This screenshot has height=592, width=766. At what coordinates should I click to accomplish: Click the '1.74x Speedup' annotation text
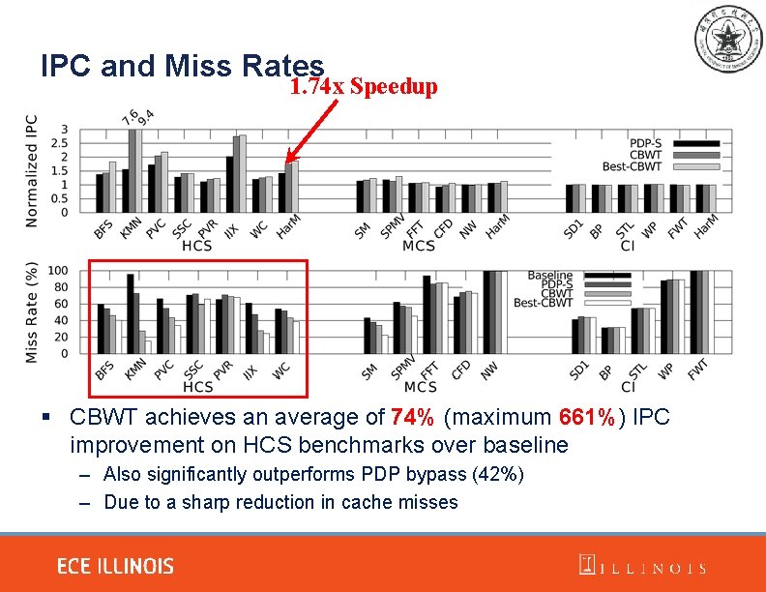[x=364, y=87]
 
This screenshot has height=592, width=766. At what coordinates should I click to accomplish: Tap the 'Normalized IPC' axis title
[x=32, y=171]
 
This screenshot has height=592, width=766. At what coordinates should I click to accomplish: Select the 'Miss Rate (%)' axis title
[x=32, y=311]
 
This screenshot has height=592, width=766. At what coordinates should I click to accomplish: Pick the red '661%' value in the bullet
[x=586, y=418]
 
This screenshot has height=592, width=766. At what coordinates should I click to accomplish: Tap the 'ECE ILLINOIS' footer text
[x=115, y=566]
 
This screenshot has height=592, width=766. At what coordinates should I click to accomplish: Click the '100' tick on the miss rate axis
[x=58, y=270]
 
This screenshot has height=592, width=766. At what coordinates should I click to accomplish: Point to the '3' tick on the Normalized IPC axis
[x=65, y=130]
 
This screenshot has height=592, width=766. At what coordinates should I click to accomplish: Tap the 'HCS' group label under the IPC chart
[x=197, y=246]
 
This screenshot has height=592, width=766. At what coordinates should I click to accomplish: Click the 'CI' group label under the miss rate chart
[x=628, y=387]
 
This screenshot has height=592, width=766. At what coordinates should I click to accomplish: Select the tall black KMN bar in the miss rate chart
[x=131, y=313]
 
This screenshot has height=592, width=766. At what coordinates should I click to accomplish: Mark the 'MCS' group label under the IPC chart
[x=419, y=246]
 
